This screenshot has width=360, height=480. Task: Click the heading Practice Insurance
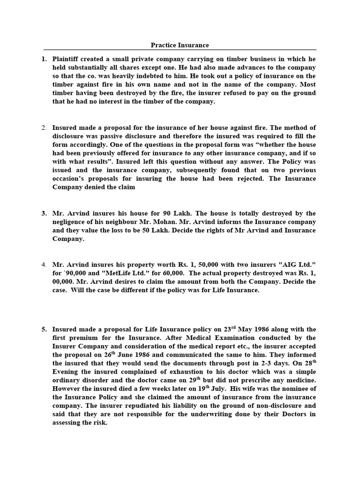[180, 45]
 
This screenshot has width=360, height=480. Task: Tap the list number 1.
[44, 59]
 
